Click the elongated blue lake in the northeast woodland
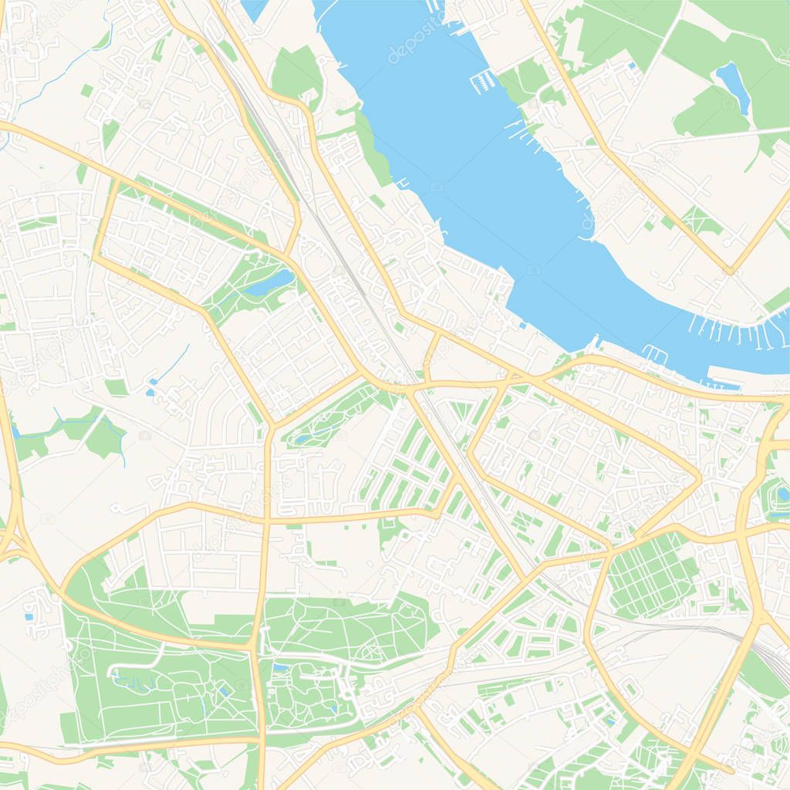pos(734,86)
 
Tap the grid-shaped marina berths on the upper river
pos(484,79)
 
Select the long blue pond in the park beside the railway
pos(270,284)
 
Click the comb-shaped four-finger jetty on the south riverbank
pos(655,353)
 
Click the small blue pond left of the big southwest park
pos(29,616)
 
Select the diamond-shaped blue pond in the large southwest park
pos(224,691)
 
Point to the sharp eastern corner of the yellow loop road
pos(698,478)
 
